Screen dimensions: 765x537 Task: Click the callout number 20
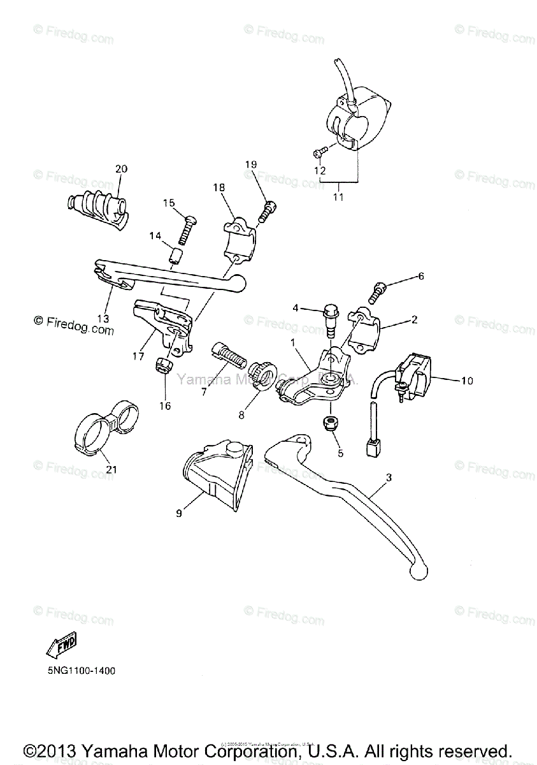pyautogui.click(x=121, y=169)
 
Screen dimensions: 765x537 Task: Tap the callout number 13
pyautogui.click(x=103, y=318)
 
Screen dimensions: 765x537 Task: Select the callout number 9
pyautogui.click(x=179, y=512)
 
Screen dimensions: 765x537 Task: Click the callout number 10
pyautogui.click(x=467, y=381)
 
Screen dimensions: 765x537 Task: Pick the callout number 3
pyautogui.click(x=389, y=477)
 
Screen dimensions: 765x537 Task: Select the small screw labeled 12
pyautogui.click(x=320, y=152)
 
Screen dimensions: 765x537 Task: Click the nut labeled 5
pyautogui.click(x=331, y=422)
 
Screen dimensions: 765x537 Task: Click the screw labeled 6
pyautogui.click(x=377, y=293)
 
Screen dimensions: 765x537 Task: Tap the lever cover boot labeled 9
pyautogui.click(x=212, y=476)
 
